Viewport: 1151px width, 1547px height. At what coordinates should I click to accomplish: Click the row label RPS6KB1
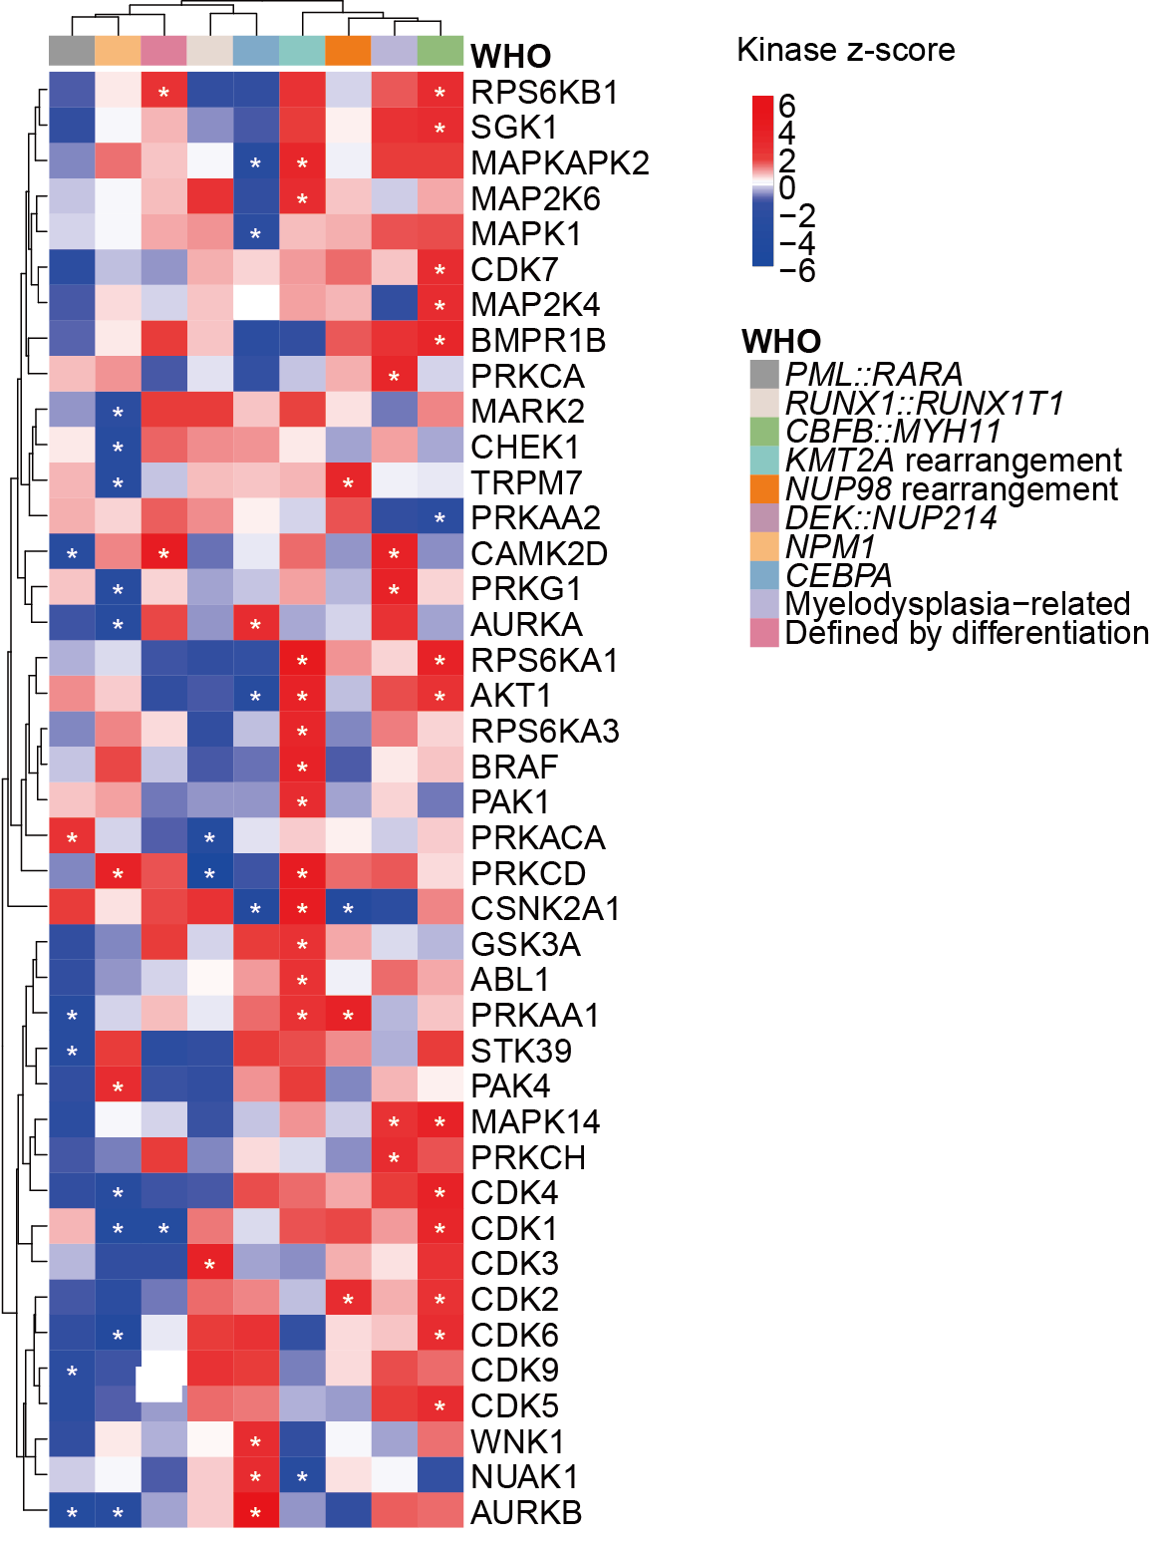coord(544,93)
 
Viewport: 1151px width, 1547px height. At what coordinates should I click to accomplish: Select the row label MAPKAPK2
coord(559,163)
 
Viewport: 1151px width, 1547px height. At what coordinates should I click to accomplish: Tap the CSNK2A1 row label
coord(544,909)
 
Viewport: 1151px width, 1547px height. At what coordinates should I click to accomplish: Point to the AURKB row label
coord(526,1513)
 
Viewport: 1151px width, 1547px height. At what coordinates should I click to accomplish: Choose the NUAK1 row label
coord(524,1477)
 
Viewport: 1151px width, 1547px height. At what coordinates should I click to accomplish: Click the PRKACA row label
coord(538,838)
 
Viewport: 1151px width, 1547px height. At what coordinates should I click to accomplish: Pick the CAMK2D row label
coord(539,554)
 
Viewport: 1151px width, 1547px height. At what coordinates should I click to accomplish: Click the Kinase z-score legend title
coord(845,50)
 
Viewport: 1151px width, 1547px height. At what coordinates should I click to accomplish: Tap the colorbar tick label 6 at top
coord(786,106)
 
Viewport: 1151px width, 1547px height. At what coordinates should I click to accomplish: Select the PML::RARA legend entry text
coord(874,375)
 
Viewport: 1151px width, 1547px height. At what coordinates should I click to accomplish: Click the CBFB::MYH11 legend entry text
coord(893,432)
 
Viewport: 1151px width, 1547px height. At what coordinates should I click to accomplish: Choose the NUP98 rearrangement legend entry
coord(952,489)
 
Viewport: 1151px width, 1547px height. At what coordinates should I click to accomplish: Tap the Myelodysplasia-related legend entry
coord(957,604)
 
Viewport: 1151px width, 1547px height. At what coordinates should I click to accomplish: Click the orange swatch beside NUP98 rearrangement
coord(764,489)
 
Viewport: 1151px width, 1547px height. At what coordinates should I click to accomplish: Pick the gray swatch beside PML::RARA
coord(764,375)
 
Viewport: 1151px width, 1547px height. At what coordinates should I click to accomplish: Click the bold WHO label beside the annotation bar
coord(510,56)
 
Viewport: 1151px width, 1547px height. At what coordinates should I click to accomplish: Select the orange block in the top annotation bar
coord(348,51)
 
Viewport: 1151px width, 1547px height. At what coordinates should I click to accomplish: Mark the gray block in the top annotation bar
coord(72,51)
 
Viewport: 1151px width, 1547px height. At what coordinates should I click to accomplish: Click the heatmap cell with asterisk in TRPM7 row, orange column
coord(348,483)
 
